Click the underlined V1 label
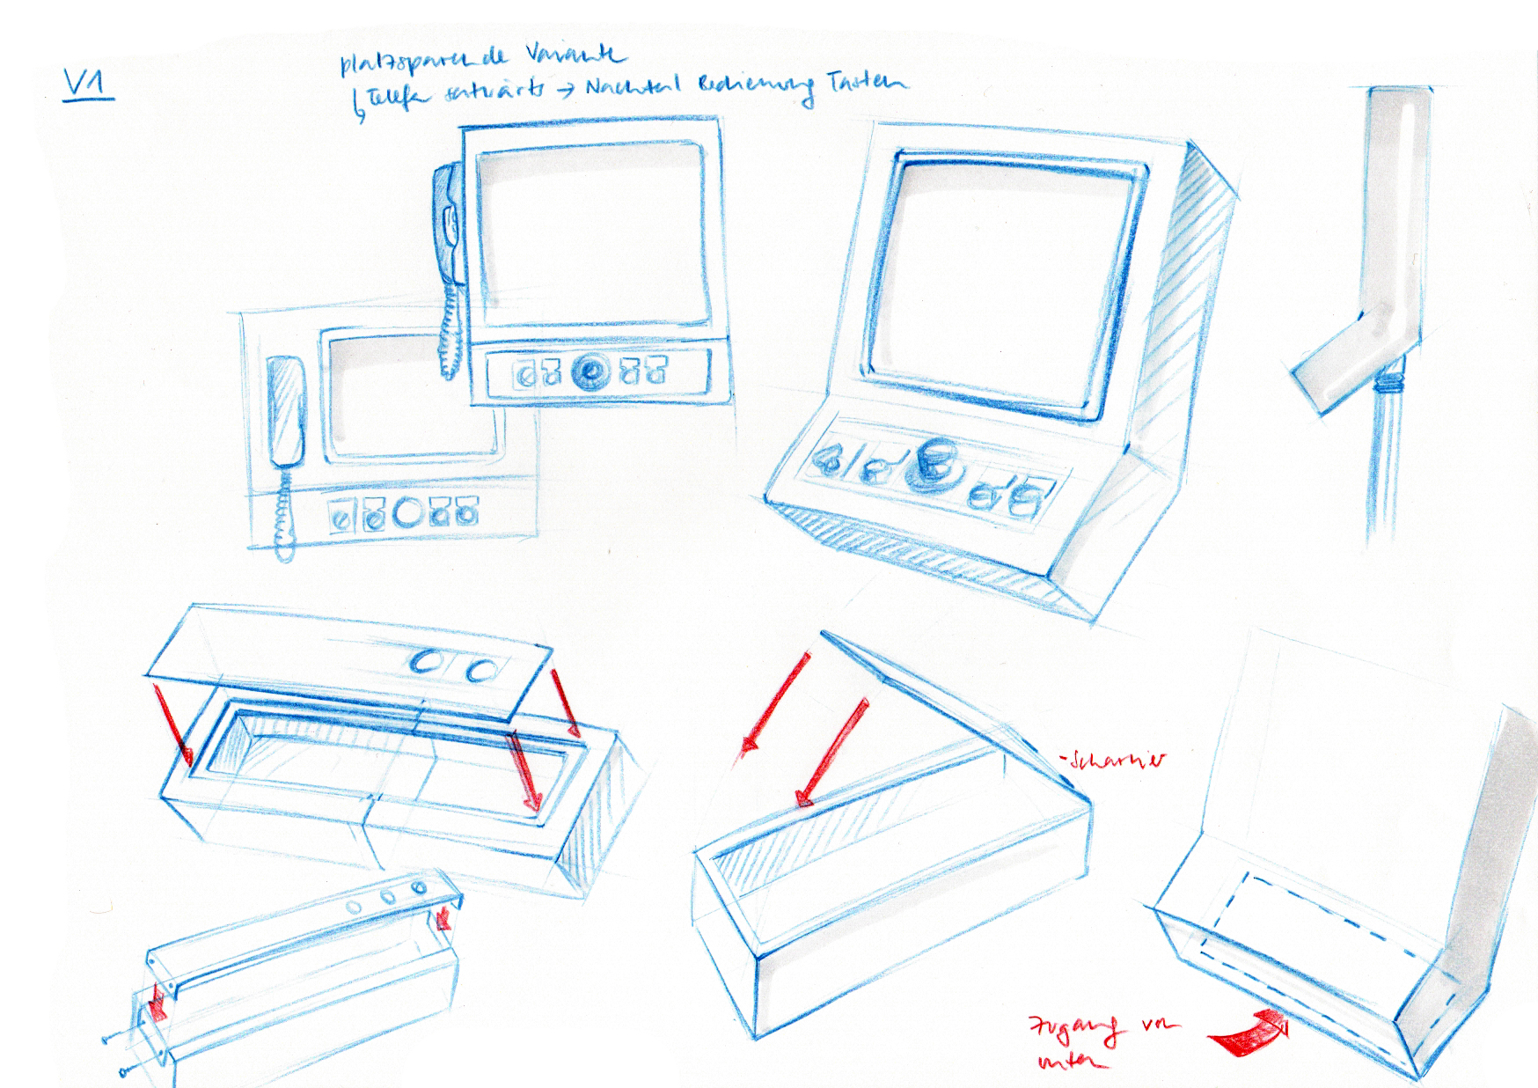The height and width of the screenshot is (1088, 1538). click(89, 85)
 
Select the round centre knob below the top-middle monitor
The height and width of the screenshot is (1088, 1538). click(588, 371)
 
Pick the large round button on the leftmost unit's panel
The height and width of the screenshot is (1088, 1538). click(408, 513)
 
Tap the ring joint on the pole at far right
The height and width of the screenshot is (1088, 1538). click(1388, 381)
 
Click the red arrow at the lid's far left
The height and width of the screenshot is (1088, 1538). click(172, 723)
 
